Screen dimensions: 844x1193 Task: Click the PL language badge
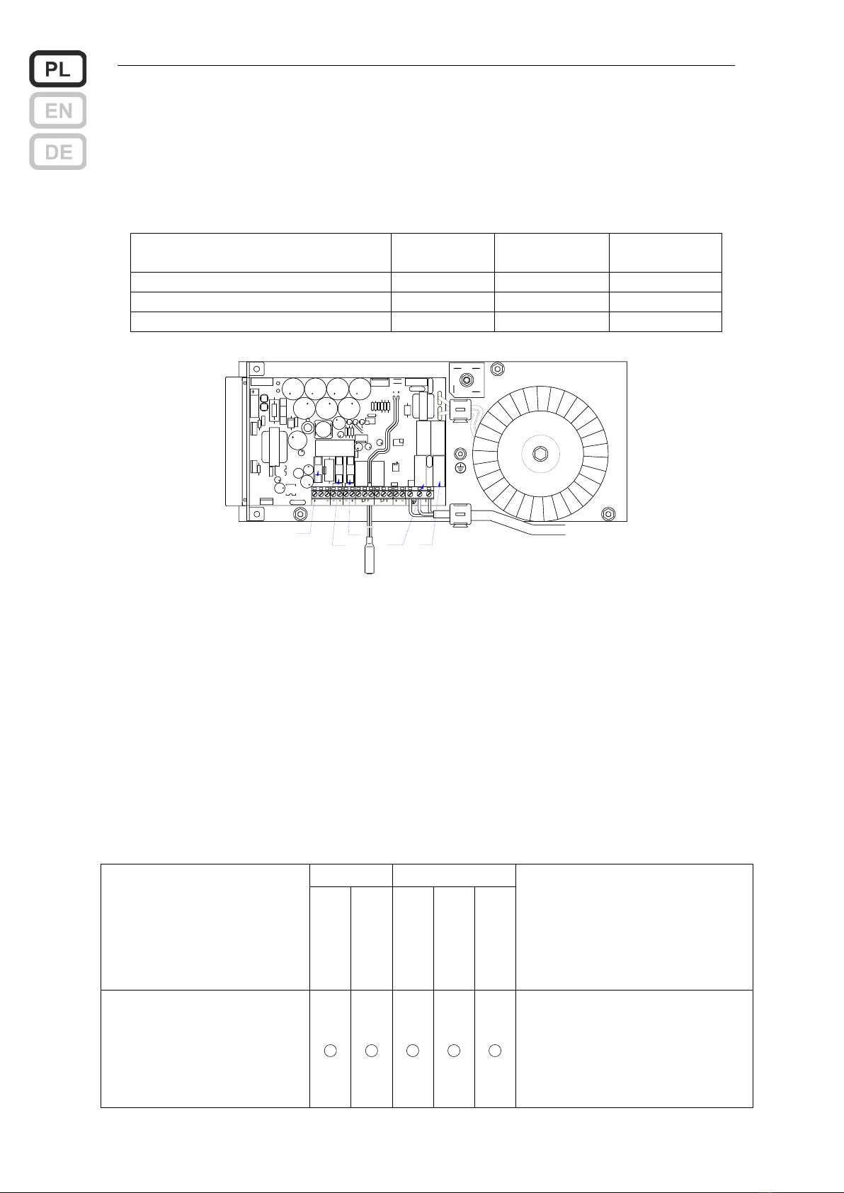coord(57,69)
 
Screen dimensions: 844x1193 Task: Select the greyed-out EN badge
coord(57,110)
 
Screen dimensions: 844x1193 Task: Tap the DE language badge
coord(57,152)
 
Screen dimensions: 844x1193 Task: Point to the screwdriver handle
coord(370,556)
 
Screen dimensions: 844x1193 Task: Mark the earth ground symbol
coord(461,467)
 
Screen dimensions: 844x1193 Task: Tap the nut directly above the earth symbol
coord(461,454)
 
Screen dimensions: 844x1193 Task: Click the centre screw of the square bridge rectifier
coord(467,379)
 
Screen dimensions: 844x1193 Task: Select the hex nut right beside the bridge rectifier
coord(497,368)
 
